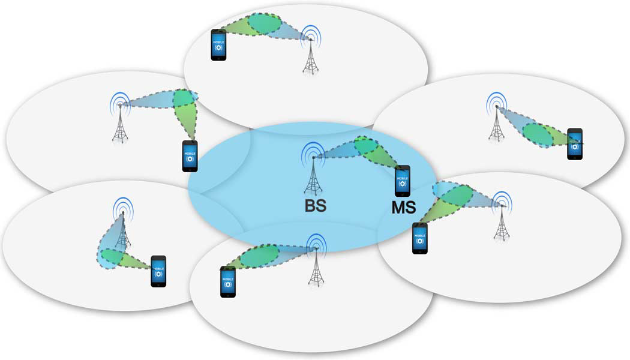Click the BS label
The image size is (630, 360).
314,206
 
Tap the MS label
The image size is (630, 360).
404,210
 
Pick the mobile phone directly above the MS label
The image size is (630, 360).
403,180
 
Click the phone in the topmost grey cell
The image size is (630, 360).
219,44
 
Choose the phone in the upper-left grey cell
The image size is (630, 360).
190,156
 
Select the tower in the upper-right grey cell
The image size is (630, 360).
496,117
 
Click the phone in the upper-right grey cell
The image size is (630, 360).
575,144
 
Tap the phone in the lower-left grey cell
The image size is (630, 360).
158,271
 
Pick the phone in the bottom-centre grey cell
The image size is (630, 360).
228,282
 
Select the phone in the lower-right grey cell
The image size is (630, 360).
420,238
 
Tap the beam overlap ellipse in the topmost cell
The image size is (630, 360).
265,23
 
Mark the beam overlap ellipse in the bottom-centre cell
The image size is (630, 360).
259,256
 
